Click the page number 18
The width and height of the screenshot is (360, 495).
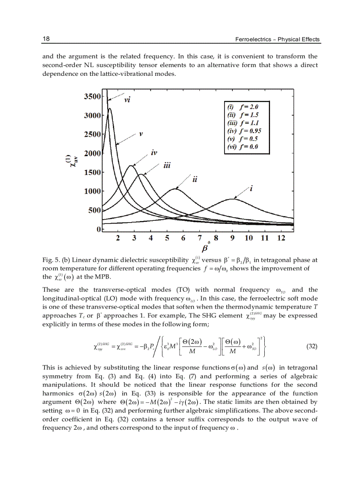point(45,39)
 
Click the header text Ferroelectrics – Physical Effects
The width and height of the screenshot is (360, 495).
point(277,39)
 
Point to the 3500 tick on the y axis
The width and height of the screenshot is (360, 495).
point(92,96)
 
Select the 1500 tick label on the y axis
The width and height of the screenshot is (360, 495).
point(92,172)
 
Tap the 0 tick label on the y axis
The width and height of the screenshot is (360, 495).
point(99,229)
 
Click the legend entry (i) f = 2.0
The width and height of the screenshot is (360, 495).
point(242,107)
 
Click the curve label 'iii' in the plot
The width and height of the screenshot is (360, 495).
point(167,166)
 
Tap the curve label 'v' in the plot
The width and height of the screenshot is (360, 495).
point(141,134)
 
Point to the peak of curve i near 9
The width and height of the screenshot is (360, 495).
point(232,199)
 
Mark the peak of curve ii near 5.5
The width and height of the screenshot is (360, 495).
point(176,189)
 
